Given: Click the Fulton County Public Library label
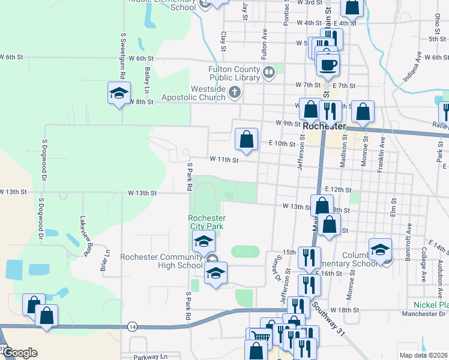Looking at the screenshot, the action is pyautogui.click(x=234, y=73).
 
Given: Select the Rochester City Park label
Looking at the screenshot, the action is pyautogui.click(x=206, y=223).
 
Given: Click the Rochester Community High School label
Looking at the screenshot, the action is pyautogui.click(x=161, y=262).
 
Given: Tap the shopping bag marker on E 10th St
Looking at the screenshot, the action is pyautogui.click(x=246, y=139).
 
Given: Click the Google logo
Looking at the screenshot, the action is pyautogui.click(x=20, y=353).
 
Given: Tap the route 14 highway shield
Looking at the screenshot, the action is pyautogui.click(x=131, y=326).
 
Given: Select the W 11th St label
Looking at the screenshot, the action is pyautogui.click(x=224, y=160).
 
